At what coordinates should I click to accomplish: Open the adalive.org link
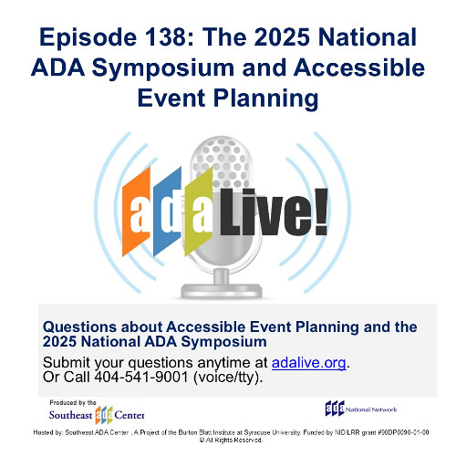tap(309, 363)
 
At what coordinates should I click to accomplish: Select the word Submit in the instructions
tap(69, 363)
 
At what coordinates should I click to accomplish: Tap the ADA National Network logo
tap(364, 407)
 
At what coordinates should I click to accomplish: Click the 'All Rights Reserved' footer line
tap(228, 440)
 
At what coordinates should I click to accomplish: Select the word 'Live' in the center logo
tap(260, 214)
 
